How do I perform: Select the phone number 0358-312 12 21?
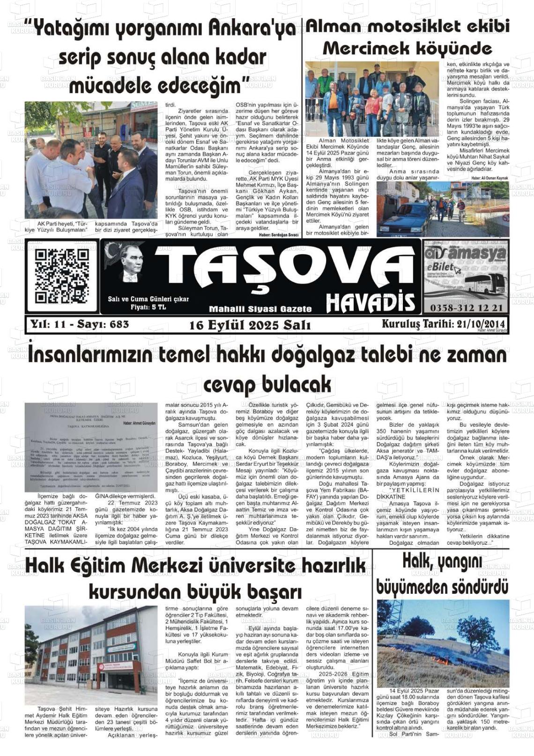(466, 307)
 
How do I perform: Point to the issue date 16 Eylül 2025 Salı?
(250, 325)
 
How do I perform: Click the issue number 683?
(119, 324)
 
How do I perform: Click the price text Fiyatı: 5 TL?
(148, 307)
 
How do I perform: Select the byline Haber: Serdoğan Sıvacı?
(279, 234)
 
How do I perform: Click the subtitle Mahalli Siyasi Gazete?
(260, 309)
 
